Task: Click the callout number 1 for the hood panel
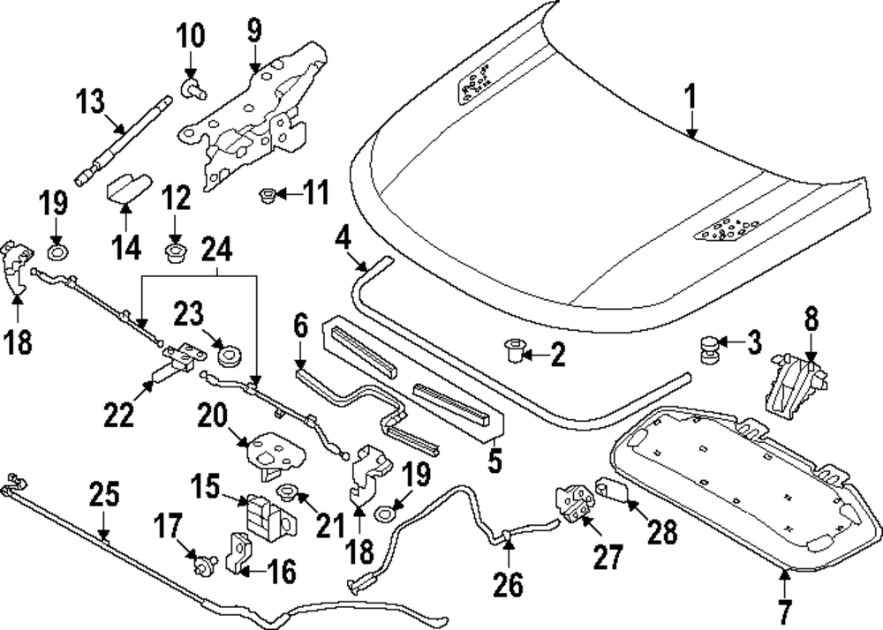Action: [692, 96]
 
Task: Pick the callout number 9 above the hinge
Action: [255, 34]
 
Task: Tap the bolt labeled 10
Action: [192, 86]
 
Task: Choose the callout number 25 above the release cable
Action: [104, 497]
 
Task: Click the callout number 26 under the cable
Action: [509, 583]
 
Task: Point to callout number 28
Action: [662, 531]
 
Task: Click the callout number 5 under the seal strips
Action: [494, 460]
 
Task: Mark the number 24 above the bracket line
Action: [217, 251]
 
